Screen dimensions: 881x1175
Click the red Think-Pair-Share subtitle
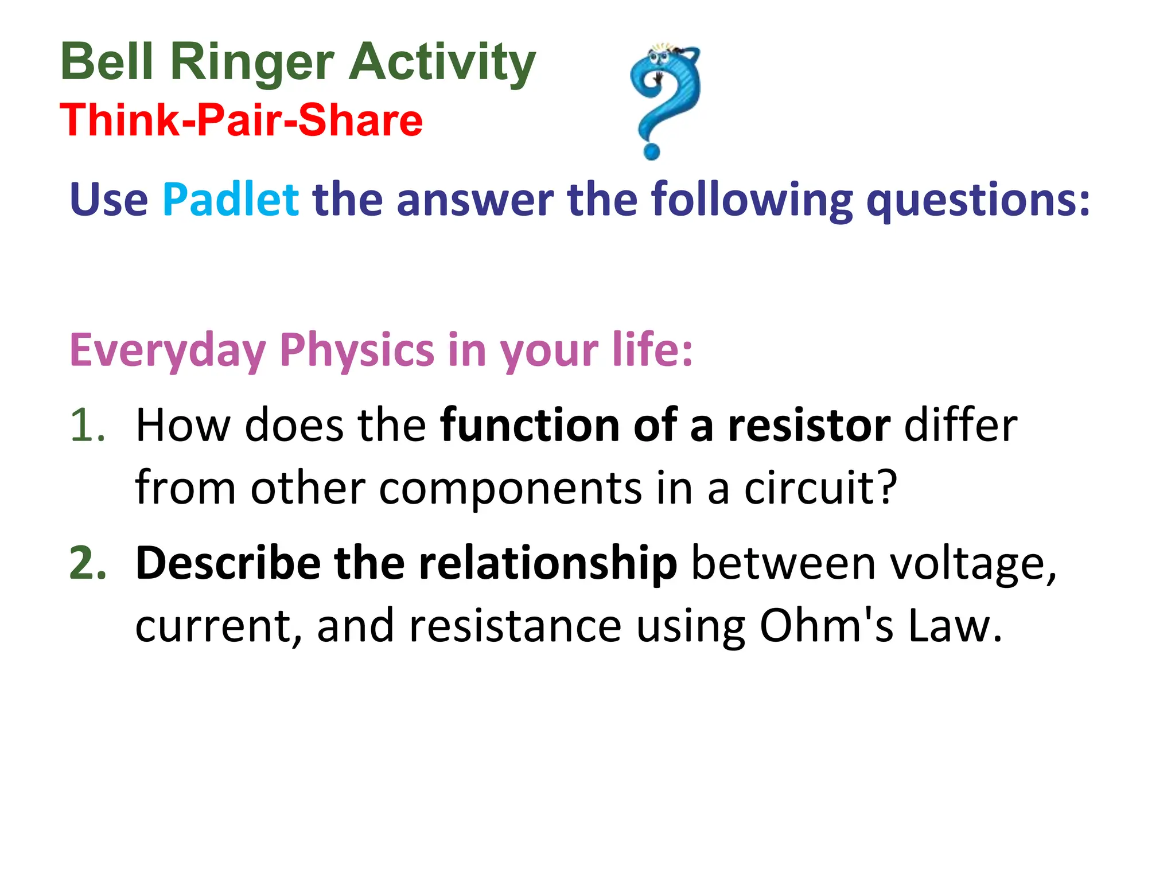tap(241, 120)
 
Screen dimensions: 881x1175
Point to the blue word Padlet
tap(230, 200)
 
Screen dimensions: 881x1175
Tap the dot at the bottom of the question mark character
tap(652, 151)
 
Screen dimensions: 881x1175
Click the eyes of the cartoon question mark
tap(658, 57)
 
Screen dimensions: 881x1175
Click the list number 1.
tap(87, 426)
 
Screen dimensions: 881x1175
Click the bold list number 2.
tap(88, 563)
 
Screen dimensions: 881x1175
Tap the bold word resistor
tap(809, 426)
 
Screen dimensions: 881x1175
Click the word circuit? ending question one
tap(820, 488)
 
